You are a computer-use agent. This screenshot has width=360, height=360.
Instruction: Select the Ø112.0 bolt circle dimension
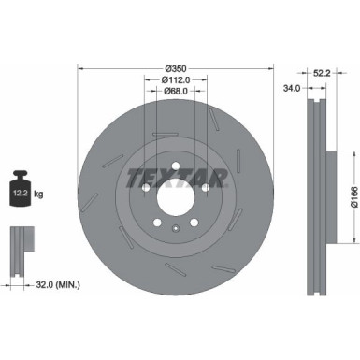175,79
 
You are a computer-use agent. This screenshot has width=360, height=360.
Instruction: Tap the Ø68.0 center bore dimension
175,91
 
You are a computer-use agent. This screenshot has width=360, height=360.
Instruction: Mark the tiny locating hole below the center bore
176,228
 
